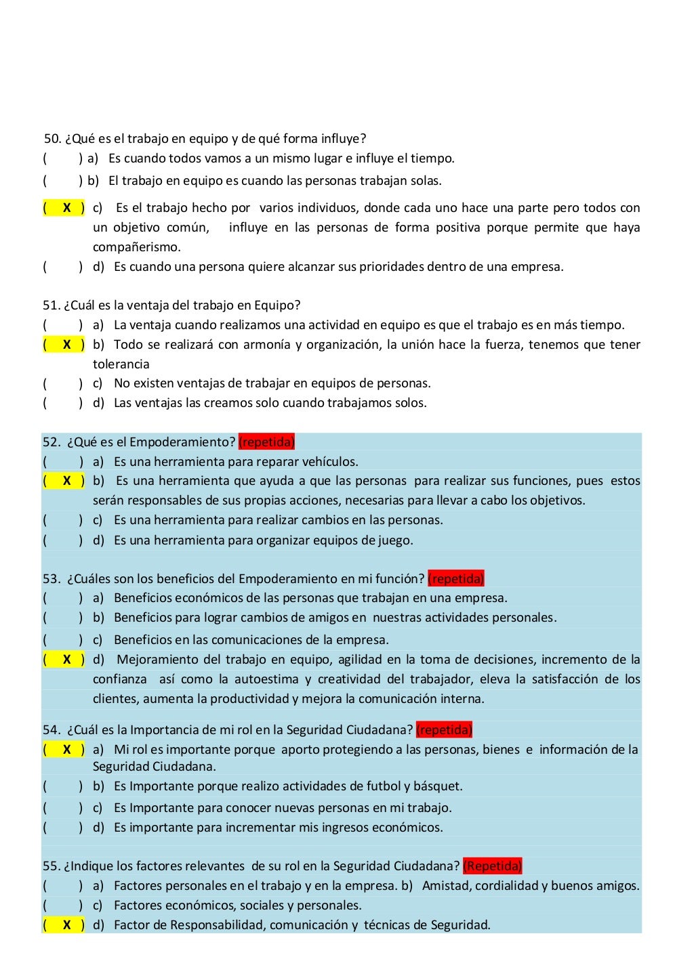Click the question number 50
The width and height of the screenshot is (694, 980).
coord(52,139)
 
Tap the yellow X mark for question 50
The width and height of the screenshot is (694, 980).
coord(66,208)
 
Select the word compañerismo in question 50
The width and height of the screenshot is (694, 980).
coord(136,247)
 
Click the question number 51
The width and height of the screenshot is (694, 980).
coord(51,305)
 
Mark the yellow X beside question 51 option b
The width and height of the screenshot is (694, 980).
coord(66,345)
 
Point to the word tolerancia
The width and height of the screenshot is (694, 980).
coord(121,364)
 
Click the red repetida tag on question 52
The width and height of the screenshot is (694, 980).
coord(266,442)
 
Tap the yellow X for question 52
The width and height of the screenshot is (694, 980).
coord(66,481)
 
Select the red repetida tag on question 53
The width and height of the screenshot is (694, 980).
coord(456,579)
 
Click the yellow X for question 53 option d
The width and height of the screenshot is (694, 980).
coord(66,660)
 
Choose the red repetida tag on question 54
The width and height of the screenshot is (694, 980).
coord(444,730)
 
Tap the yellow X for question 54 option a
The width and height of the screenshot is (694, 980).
coord(66,750)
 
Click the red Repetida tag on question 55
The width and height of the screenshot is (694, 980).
coord(492,866)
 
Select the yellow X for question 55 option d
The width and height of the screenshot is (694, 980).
coord(66,925)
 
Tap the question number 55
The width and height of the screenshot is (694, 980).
coord(51,866)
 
